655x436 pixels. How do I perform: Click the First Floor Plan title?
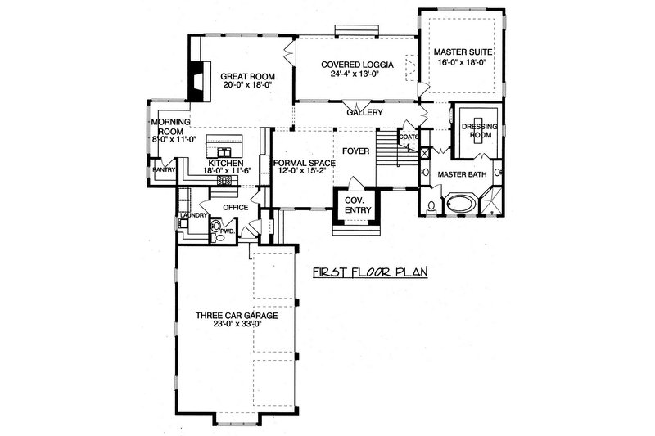click(x=372, y=272)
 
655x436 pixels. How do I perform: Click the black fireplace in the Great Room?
click(x=196, y=79)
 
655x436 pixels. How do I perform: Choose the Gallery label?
click(x=365, y=112)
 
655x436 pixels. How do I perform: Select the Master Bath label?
click(x=462, y=174)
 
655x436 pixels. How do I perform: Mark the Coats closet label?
click(x=409, y=138)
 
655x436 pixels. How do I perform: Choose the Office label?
click(x=236, y=208)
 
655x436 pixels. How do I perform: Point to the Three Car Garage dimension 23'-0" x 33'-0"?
click(x=235, y=325)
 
